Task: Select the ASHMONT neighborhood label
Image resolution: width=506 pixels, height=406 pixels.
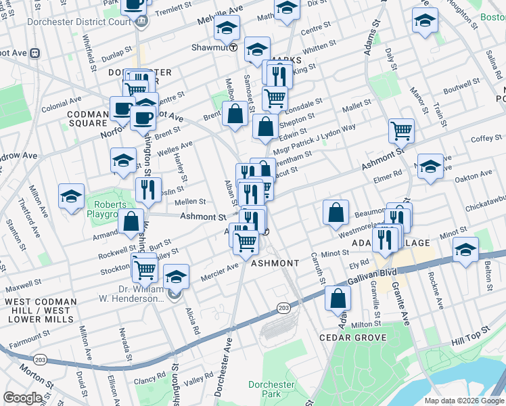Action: [x=275, y=263]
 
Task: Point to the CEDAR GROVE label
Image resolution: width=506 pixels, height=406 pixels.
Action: [x=353, y=337]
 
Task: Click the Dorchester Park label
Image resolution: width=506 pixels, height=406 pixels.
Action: [x=271, y=389]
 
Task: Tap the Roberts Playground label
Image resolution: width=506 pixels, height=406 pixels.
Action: [x=110, y=208]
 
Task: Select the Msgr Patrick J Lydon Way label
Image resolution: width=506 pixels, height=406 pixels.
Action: [x=319, y=137]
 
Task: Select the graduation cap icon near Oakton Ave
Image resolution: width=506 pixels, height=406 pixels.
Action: [x=430, y=166]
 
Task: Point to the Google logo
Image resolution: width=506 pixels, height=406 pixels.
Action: [x=22, y=398]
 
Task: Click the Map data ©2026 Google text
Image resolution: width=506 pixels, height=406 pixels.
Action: [x=463, y=401]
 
